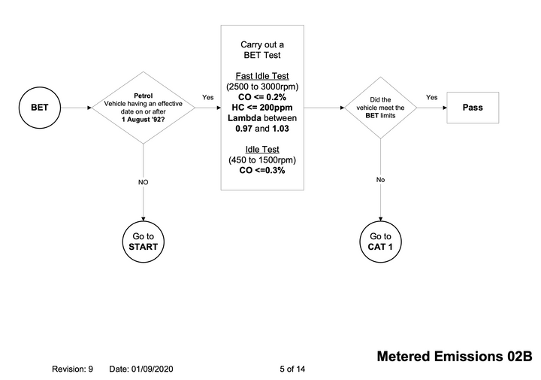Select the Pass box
(473, 108)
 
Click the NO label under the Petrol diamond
(144, 182)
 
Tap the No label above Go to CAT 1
(380, 180)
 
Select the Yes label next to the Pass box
(431, 97)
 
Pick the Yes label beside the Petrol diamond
(207, 97)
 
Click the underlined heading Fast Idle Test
(262, 76)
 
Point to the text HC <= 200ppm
(262, 108)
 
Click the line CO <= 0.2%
(262, 97)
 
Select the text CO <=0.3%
(262, 170)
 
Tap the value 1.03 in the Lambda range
(280, 129)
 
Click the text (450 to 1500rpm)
(262, 160)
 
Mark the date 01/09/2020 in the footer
(152, 369)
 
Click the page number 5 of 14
(292, 369)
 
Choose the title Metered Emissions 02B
(455, 356)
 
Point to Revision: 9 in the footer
(72, 369)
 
